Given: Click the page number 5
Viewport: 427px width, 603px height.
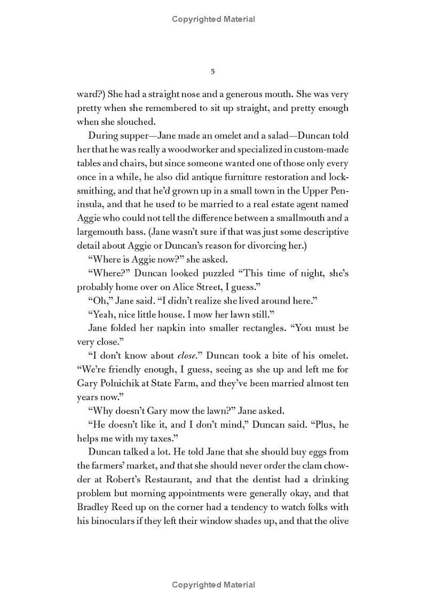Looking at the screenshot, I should tap(213, 72).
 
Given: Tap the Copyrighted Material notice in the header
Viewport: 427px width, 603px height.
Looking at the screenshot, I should tap(213, 19).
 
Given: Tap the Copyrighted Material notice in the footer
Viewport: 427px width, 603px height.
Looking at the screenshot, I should tap(213, 585).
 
